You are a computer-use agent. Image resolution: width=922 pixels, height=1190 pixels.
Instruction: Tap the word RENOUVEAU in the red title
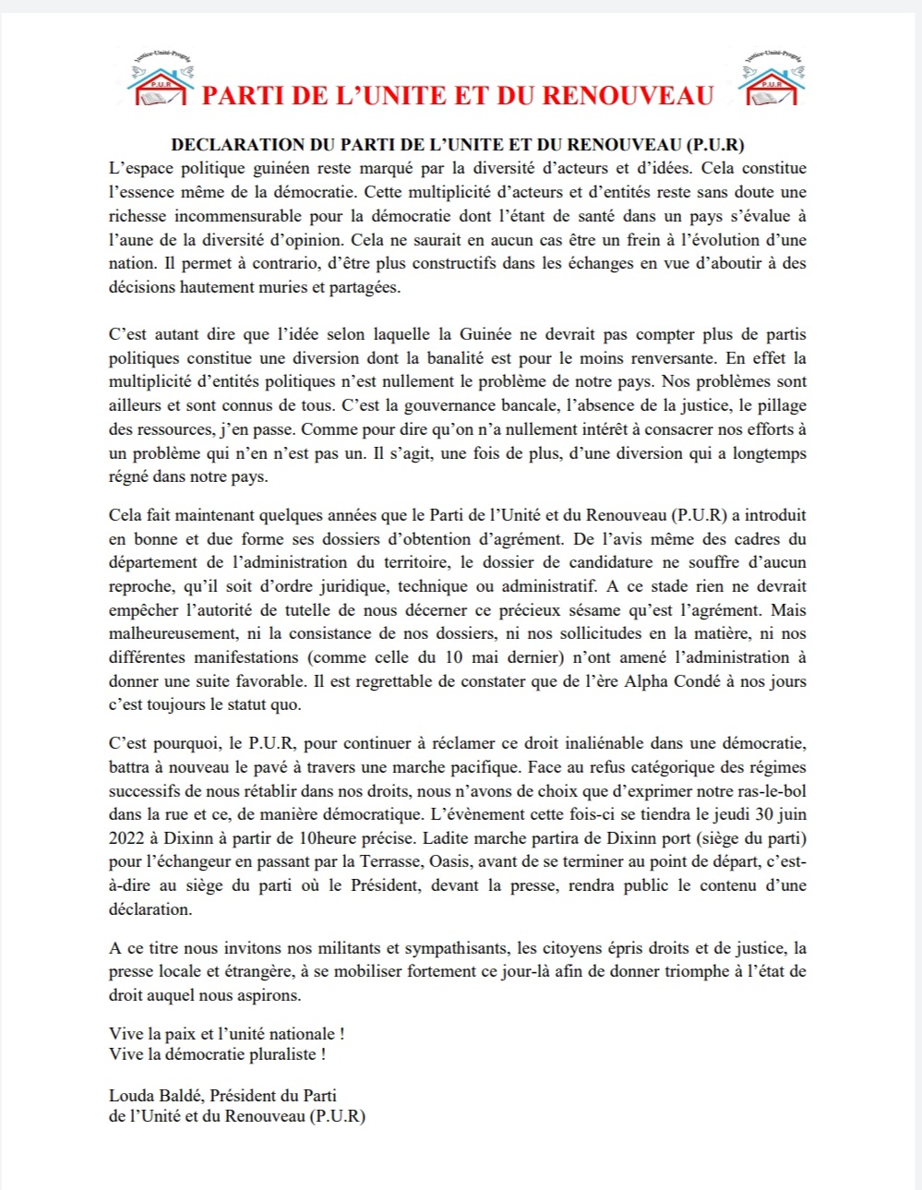click(x=628, y=96)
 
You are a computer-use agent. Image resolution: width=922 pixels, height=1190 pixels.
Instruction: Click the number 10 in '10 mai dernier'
click(x=454, y=657)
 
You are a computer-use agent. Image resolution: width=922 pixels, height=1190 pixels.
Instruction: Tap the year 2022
click(x=127, y=838)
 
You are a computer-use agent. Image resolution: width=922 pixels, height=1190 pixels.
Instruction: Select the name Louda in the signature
click(x=130, y=1096)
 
